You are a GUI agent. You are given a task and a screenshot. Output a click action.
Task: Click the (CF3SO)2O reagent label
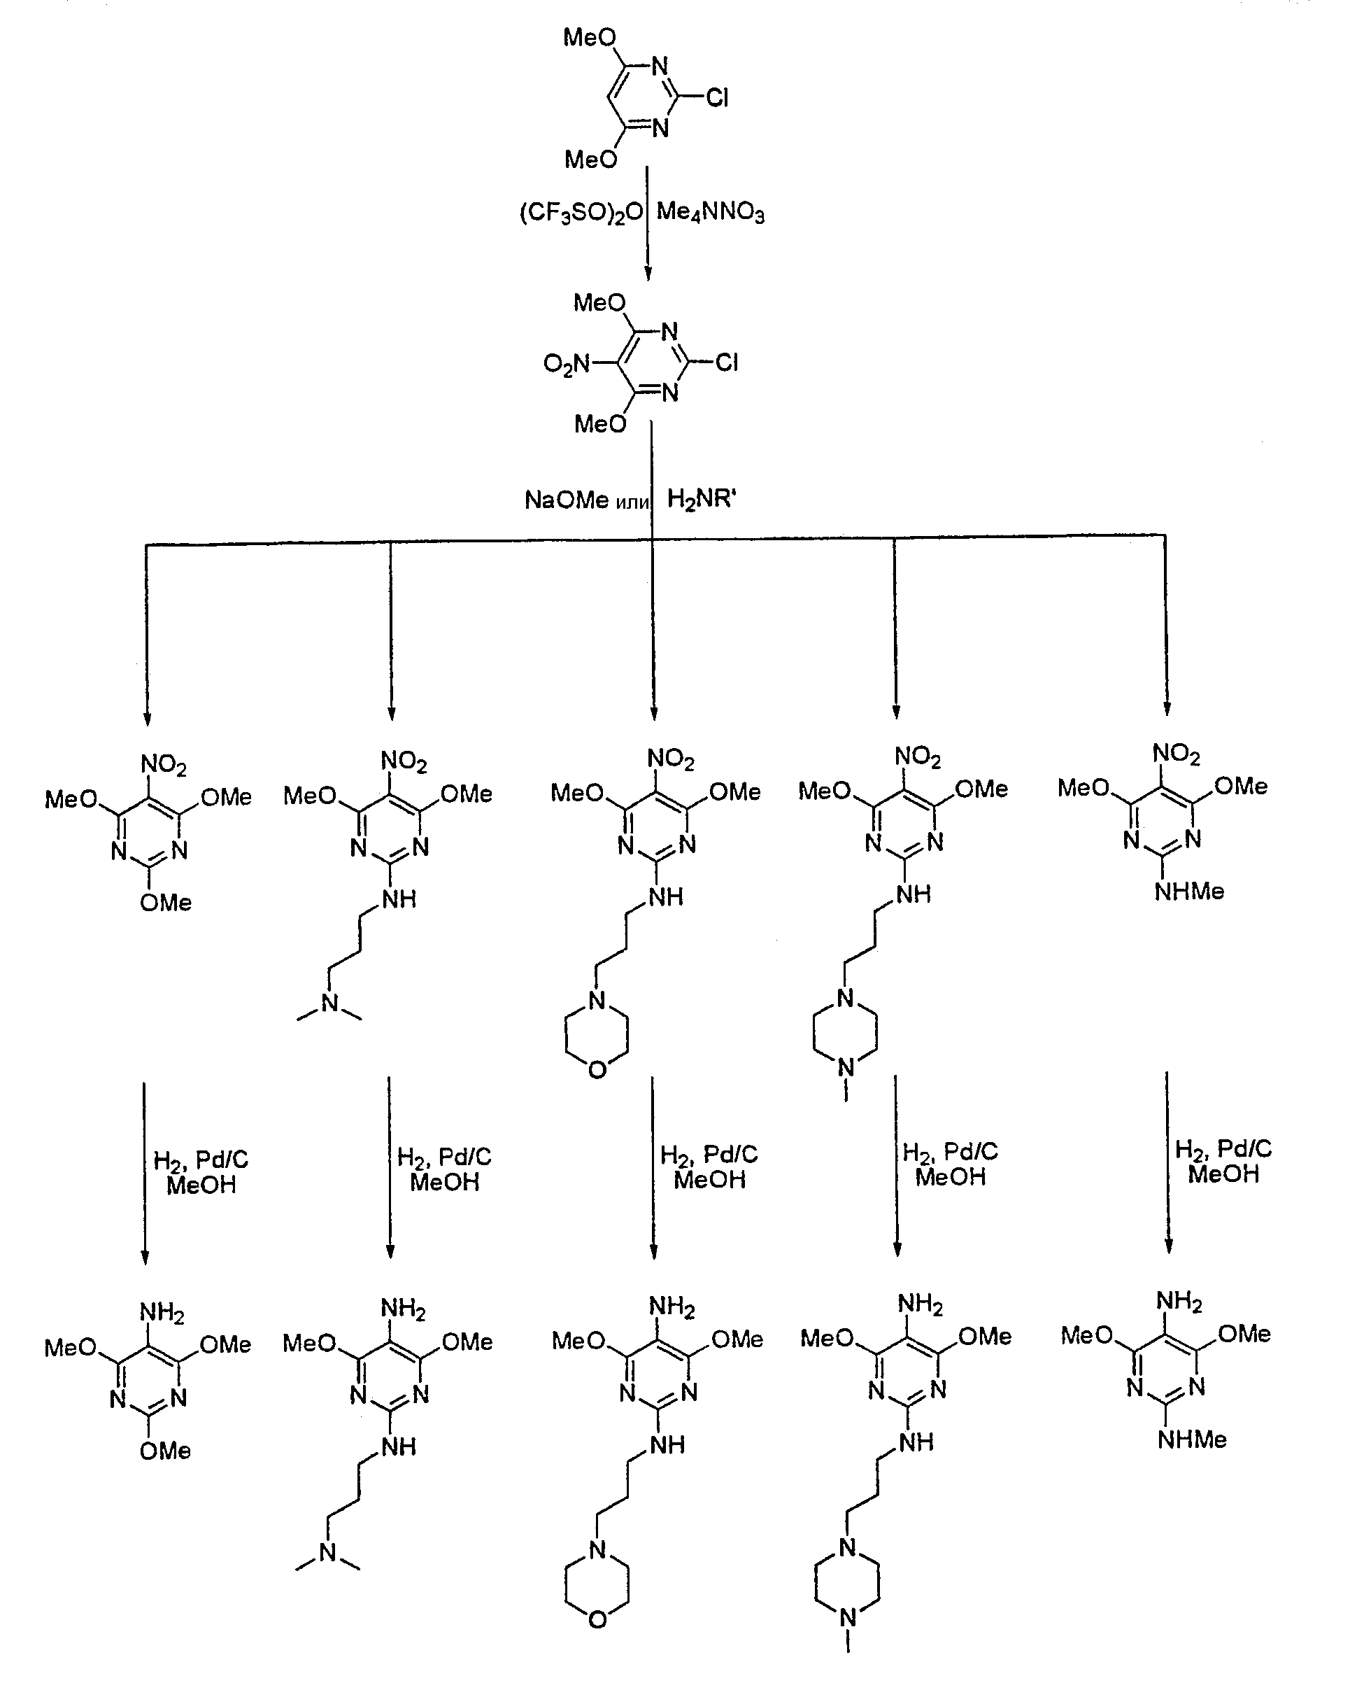(581, 213)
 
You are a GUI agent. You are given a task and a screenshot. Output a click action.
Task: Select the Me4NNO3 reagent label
(711, 213)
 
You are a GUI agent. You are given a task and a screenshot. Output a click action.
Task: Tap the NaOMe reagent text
(567, 500)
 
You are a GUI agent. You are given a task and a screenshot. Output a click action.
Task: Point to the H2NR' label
(701, 499)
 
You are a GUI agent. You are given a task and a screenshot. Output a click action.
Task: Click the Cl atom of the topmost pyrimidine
(717, 97)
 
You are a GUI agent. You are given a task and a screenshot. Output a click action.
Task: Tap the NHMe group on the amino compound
(1193, 1439)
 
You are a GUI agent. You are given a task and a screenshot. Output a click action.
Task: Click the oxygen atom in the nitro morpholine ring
(597, 1070)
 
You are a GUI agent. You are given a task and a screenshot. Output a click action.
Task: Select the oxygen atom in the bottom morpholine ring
(598, 1619)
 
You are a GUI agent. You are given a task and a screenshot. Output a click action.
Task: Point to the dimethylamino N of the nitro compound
(329, 1003)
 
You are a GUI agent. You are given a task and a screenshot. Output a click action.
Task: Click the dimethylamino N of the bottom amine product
(328, 1552)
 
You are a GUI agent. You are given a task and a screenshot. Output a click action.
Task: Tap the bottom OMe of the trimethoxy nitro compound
(165, 902)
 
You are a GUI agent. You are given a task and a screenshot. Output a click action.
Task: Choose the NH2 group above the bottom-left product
(162, 1312)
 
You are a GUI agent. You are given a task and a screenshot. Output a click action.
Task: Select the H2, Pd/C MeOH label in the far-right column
(1223, 1162)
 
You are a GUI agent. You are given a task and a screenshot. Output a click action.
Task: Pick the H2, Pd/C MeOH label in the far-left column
(201, 1173)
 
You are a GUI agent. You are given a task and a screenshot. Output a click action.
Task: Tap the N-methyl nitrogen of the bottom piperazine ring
(847, 1617)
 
